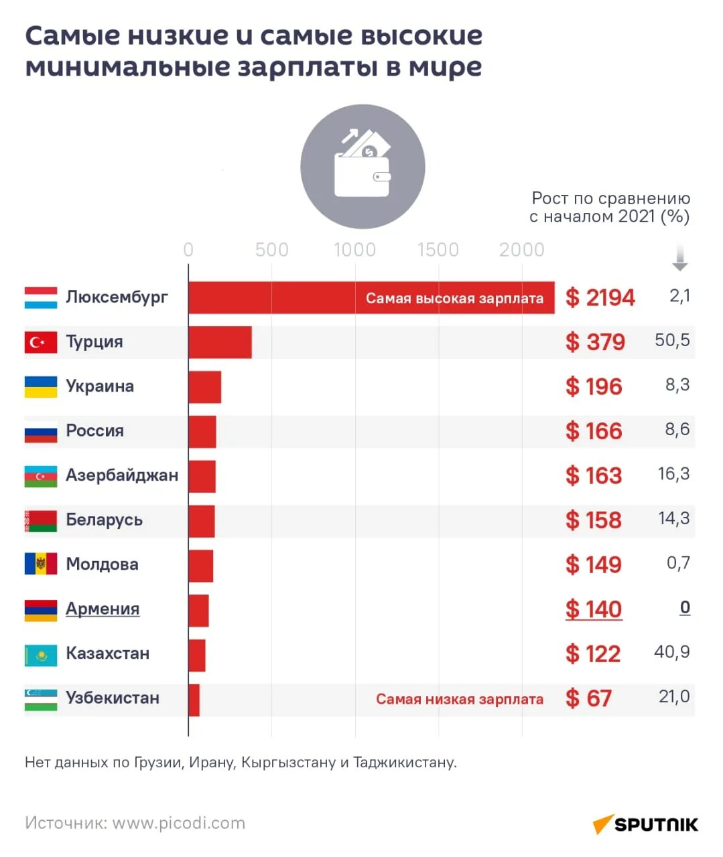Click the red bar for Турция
point(220,342)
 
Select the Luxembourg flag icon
point(41,298)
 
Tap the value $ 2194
point(600,298)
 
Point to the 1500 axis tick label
point(438,250)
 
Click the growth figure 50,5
point(672,340)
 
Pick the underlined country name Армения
point(103,609)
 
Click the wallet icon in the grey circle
point(363,166)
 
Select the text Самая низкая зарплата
point(459,699)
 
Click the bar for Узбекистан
point(194,700)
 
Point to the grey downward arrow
point(679,258)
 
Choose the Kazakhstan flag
point(41,655)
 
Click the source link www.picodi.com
point(178,823)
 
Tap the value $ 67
point(588,698)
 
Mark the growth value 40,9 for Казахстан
point(671,652)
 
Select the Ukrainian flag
point(41,387)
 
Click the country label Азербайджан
point(122,475)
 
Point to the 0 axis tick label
point(188,250)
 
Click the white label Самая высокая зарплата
point(454,299)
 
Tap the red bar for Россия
point(202,432)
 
